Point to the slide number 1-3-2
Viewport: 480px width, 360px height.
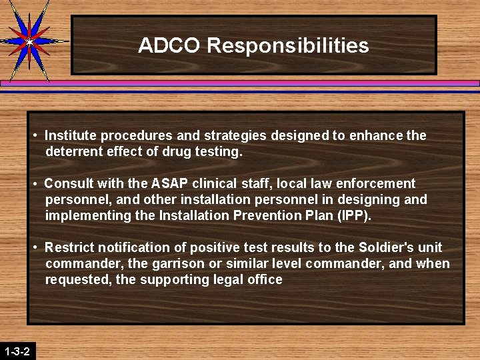(x=17, y=351)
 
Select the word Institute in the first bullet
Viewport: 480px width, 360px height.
(x=69, y=135)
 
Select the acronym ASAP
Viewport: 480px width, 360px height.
(x=168, y=183)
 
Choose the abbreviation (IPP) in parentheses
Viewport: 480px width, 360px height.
(x=354, y=215)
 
